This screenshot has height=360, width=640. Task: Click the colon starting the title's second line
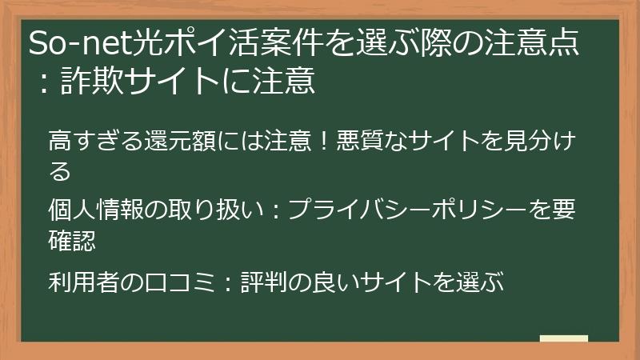tap(40, 81)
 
